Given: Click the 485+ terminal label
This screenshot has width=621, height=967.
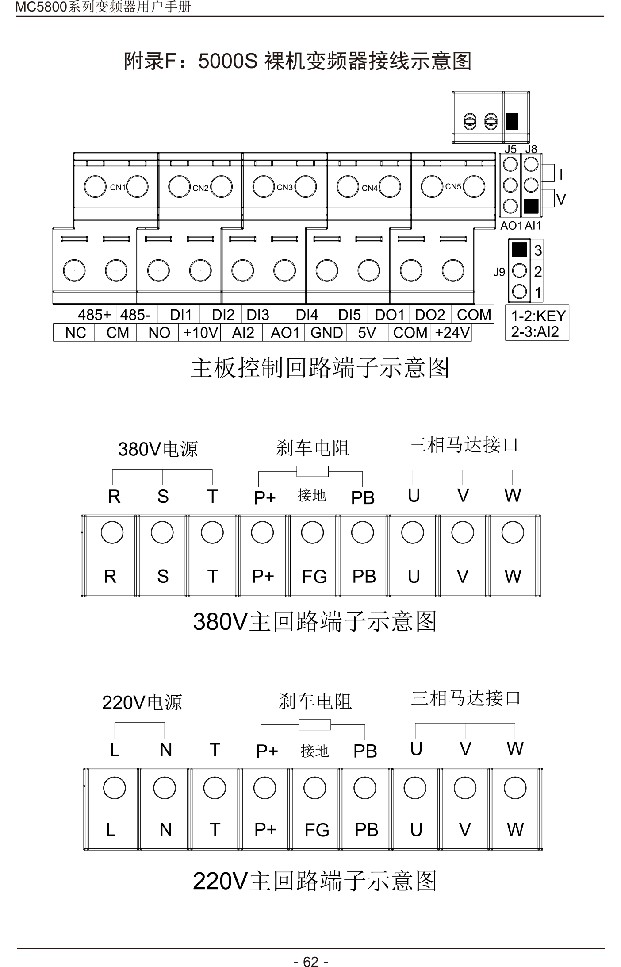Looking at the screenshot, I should pos(94,315).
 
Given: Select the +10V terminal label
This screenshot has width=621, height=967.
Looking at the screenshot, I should pos(200,333).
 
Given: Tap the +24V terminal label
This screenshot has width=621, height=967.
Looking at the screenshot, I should pos(452,333).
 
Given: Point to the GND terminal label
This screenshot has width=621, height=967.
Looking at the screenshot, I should pos(326,333).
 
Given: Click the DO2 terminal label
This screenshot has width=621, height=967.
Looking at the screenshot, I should pos(430,315).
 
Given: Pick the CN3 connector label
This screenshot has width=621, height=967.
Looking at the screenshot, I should pos(285,187).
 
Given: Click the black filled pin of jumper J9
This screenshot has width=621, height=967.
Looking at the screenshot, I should pos(520,250).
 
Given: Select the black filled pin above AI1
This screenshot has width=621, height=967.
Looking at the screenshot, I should pos(531,206).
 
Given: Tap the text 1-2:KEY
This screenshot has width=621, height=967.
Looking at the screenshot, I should pos(538,316).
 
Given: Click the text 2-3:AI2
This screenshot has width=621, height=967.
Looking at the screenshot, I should pos(535,331).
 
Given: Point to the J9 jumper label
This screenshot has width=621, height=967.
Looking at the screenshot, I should pos(499,272).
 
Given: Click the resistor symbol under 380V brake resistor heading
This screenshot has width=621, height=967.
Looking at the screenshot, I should pos(312,471).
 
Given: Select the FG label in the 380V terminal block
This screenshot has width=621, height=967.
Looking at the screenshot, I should pos(314,577).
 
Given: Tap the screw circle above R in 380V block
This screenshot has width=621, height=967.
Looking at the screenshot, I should pos(112,532).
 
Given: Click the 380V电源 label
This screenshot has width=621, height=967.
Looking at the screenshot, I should pos(157,449).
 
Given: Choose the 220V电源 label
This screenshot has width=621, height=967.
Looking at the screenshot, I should pos(142,702).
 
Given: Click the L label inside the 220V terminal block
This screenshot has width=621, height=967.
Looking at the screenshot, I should pos(111,830).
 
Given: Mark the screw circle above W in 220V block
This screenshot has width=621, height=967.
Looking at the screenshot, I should pos(515,788).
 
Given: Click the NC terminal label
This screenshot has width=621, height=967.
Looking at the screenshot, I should pos(75,333).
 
